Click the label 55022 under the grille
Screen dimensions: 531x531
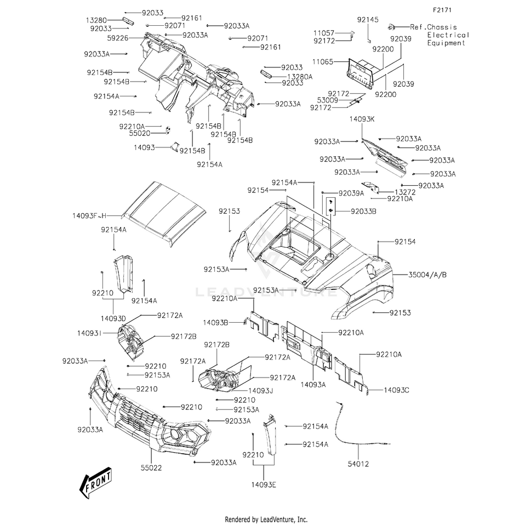click(152, 468)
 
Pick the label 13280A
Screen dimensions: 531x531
click(300, 77)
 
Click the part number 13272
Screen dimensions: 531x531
click(405, 192)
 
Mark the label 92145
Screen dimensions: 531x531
click(368, 20)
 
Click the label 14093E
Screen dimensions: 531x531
click(264, 484)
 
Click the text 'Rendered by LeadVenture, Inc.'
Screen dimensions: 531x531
click(266, 519)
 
